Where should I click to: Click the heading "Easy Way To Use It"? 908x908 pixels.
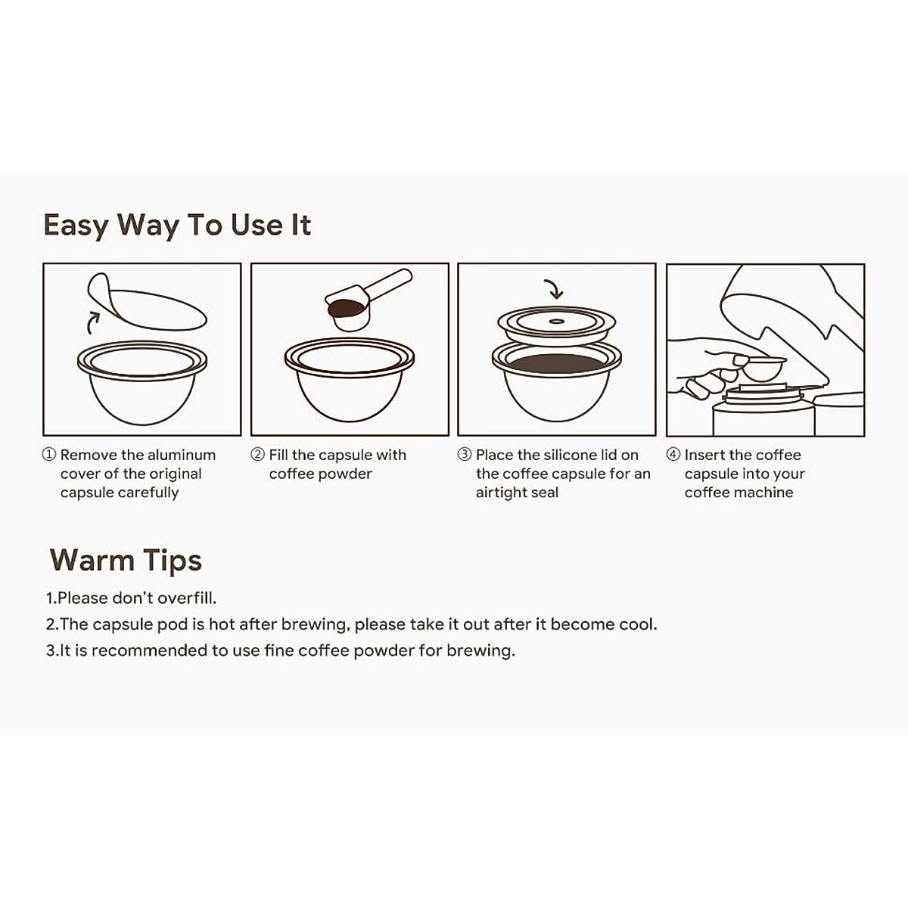point(177,225)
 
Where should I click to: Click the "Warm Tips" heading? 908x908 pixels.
point(126,561)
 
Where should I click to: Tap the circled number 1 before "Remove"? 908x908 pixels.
point(49,455)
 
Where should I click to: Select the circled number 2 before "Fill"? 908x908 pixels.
point(257,455)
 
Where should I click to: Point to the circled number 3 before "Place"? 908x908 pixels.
point(465,455)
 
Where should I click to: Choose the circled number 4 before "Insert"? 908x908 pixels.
point(673,455)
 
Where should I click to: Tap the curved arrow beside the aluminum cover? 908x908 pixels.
point(92,321)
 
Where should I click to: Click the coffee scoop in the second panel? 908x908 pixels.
point(363,300)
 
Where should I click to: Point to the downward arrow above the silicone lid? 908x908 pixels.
point(555,289)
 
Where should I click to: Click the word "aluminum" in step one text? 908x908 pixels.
point(182,455)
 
